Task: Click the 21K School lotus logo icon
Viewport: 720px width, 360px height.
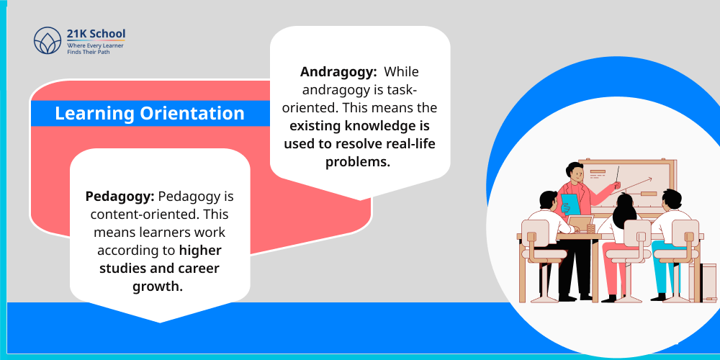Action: (48, 40)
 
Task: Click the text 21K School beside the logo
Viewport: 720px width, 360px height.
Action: (96, 34)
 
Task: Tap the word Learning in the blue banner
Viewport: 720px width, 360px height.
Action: (94, 114)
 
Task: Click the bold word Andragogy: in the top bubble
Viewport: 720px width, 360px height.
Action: (339, 72)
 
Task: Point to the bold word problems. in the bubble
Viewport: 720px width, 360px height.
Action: (358, 162)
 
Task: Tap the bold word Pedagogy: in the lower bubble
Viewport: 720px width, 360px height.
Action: (120, 197)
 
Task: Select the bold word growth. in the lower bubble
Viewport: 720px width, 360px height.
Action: (158, 287)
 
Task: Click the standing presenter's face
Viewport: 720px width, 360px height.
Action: (575, 173)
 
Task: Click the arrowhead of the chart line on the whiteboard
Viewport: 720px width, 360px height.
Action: (651, 179)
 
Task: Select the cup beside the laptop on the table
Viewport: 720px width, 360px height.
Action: (591, 228)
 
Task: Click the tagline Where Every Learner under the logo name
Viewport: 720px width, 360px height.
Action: (95, 45)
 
